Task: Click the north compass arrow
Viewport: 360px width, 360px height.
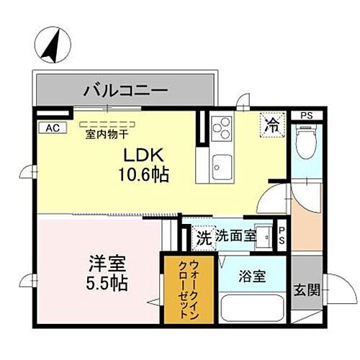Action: point(50,44)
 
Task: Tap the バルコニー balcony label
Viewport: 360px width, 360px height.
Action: point(125,91)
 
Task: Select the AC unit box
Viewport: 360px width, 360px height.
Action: point(51,127)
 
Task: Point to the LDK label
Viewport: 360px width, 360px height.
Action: point(144,155)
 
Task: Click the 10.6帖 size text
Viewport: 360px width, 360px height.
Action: point(144,174)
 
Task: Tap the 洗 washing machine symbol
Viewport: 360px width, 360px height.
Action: point(204,235)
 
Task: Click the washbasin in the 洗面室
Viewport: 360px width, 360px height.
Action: point(266,236)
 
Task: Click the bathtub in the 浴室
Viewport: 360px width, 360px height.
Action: point(252,308)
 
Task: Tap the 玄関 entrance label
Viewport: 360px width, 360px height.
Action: point(305,290)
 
